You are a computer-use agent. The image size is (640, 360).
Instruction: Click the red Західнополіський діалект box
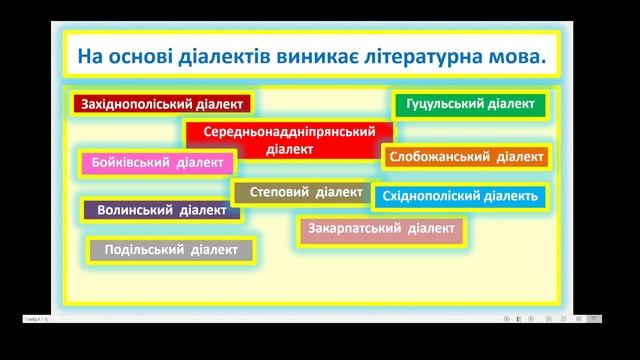pos(161,103)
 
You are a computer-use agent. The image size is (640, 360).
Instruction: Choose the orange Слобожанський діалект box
pos(466,157)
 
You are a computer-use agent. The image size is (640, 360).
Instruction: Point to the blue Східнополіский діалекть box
pos(460,196)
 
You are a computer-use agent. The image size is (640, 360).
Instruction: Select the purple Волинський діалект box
pos(160,211)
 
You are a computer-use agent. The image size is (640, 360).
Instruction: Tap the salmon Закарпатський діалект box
pos(381,230)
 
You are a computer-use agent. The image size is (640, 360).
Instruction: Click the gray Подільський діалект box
pos(171,250)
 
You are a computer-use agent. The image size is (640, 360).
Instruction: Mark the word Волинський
pos(135,211)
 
